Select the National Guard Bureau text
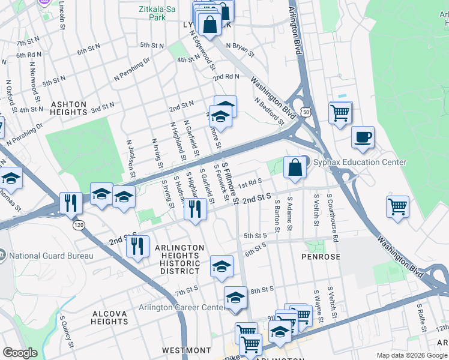click(x=52, y=256)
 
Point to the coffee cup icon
click(x=363, y=137)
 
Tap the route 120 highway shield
click(x=77, y=225)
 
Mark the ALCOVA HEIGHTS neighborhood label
click(x=109, y=317)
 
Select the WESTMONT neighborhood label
click(x=186, y=350)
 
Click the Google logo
click(x=20, y=353)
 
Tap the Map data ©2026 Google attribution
click(x=412, y=355)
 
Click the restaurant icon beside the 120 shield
click(x=71, y=203)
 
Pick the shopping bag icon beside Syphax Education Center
click(x=295, y=168)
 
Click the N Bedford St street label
click(x=268, y=109)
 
